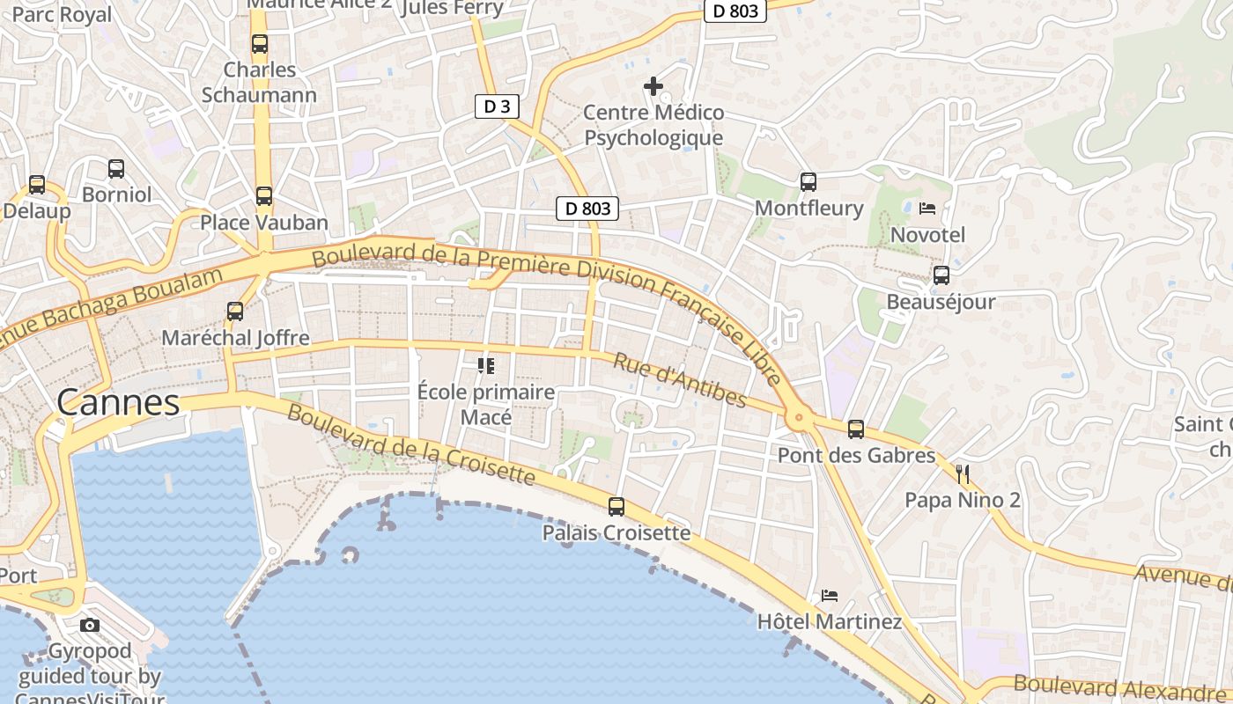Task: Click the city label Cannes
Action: (118, 403)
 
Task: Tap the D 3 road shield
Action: (497, 107)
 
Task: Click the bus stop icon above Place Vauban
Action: (264, 196)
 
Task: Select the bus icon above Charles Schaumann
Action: (260, 44)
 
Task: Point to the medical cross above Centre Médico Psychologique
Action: (653, 86)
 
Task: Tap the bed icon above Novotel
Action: (927, 209)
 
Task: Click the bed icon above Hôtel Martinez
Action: (830, 596)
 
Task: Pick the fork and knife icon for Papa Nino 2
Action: (963, 474)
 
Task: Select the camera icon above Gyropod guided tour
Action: (90, 626)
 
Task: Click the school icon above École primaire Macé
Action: (486, 365)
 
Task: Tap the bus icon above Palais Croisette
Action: (616, 507)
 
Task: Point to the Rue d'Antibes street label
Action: (679, 381)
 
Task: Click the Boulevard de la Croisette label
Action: (411, 444)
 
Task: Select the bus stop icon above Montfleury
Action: (808, 182)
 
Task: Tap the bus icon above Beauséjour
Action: (941, 275)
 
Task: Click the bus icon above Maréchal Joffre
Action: (235, 312)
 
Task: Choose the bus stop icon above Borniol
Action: (116, 169)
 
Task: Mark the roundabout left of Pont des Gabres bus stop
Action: (799, 416)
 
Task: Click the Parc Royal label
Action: (62, 14)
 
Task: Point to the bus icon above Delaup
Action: (37, 185)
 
